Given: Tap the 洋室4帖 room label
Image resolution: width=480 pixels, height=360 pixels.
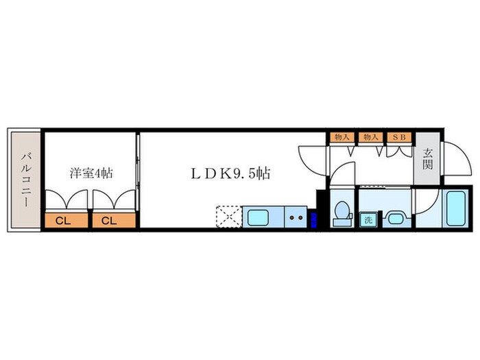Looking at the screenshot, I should click(x=91, y=173).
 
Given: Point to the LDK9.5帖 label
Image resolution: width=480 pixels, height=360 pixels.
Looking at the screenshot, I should click(x=230, y=173).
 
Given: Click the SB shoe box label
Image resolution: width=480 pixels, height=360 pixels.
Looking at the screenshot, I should click(x=399, y=137).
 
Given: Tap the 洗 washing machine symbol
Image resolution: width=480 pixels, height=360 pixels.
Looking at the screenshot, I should click(x=368, y=220).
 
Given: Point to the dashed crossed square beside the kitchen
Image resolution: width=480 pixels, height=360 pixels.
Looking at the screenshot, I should click(x=228, y=218).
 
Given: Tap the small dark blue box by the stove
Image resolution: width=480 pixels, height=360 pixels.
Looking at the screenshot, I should click(x=313, y=220).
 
